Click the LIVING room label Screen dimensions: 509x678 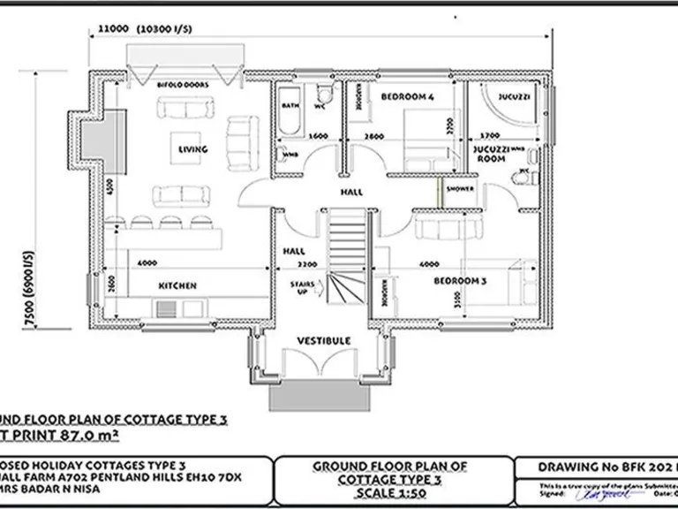click(192, 149)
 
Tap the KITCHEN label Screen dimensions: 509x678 click(177, 285)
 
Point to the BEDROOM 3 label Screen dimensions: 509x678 click(460, 280)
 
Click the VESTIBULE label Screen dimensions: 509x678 click(323, 340)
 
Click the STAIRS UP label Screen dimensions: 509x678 click(302, 286)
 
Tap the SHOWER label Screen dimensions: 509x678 click(460, 189)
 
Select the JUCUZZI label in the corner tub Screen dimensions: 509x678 click(514, 95)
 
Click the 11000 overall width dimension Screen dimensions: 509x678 click(113, 28)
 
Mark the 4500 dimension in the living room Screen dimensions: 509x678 click(109, 188)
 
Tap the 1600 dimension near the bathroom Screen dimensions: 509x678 click(319, 136)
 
